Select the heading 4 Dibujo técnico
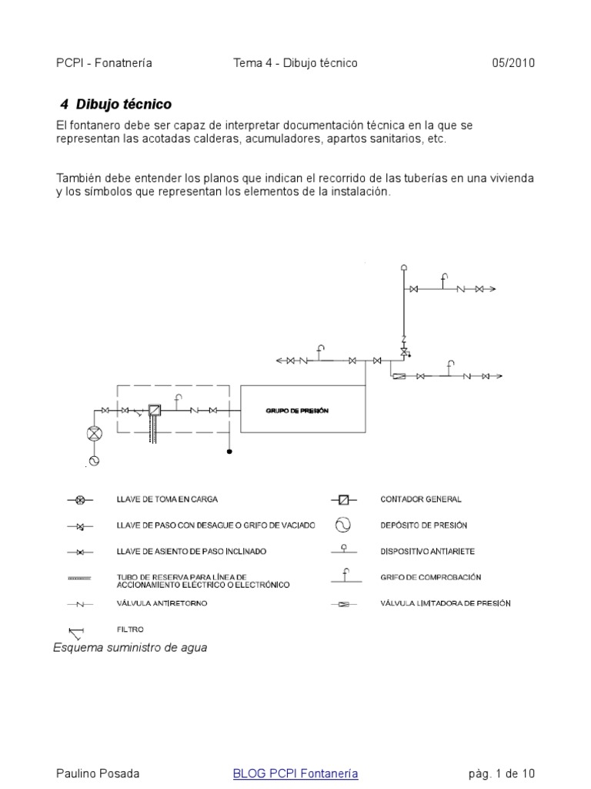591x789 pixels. coord(115,104)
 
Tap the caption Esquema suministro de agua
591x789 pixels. coord(130,648)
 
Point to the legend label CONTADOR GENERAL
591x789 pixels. coord(421,500)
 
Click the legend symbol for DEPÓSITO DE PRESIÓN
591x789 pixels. coord(342,525)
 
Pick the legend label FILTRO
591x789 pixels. coord(130,630)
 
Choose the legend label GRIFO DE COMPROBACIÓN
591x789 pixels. coord(426,577)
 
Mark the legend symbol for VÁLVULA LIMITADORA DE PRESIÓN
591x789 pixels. coord(343,604)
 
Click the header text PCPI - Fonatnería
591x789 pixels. coord(105,63)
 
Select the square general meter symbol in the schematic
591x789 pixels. coord(155,410)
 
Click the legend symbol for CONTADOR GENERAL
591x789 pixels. coord(343,500)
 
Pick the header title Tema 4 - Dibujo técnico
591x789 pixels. coord(295,63)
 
